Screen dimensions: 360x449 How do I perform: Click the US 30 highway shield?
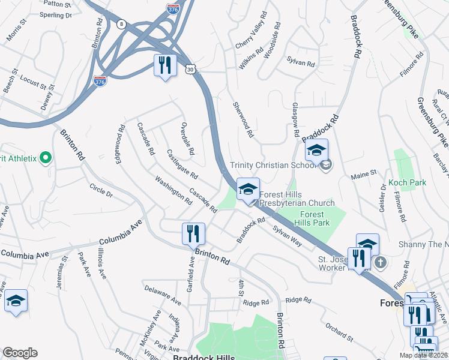coord(190,70)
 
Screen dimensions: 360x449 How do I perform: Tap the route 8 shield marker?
coord(122,24)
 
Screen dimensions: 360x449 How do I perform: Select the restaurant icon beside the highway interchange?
coord(165,65)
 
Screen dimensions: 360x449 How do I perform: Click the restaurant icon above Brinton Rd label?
coord(193,233)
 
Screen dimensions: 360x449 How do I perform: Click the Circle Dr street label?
coord(100,190)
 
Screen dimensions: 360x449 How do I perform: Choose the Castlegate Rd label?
coord(182,164)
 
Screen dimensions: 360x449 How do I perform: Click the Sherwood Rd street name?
coord(243,118)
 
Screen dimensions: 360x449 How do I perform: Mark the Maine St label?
coord(364,173)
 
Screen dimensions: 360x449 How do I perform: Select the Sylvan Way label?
coord(287,233)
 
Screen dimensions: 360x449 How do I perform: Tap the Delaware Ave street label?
coord(163,293)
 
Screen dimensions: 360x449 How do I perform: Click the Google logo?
coord(20,353)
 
